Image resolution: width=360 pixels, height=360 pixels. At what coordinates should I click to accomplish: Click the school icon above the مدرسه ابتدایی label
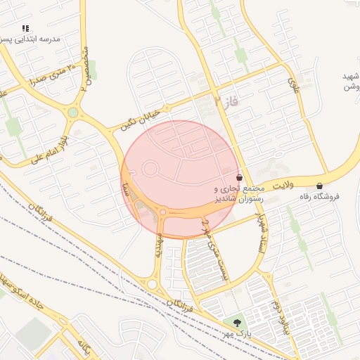(x=25, y=28)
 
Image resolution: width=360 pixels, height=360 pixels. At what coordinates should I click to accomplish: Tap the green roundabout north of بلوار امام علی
(x=73, y=112)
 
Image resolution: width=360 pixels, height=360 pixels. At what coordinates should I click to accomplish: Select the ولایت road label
(x=282, y=185)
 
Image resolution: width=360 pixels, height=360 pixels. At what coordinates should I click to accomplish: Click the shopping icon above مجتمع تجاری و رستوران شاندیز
(x=240, y=178)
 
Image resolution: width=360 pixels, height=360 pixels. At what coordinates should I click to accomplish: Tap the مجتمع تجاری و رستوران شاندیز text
(x=239, y=194)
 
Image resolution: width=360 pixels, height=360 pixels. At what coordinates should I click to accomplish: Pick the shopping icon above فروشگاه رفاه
(x=320, y=186)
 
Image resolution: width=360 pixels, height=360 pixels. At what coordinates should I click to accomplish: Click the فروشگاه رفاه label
(x=319, y=197)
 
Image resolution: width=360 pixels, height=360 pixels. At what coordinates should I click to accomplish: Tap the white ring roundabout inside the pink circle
(x=150, y=169)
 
